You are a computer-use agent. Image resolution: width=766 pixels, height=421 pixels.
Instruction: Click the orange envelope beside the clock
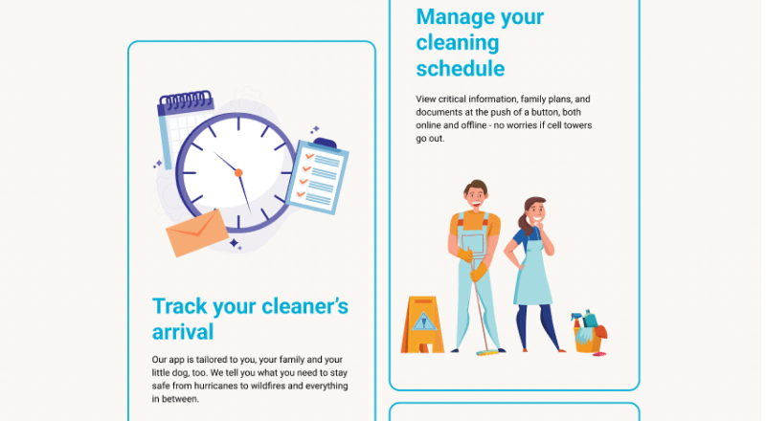click(196, 233)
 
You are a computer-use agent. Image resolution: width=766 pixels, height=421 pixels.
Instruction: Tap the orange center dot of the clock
click(238, 172)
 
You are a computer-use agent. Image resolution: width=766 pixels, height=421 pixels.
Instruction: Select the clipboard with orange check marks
click(317, 176)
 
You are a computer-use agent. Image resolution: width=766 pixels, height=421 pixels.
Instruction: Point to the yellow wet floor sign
click(422, 324)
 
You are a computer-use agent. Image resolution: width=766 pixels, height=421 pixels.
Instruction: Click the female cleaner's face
click(537, 212)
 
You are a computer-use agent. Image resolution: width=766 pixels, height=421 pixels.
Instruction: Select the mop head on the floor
click(487, 352)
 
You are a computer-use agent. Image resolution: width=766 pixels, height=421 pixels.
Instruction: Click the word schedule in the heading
click(461, 68)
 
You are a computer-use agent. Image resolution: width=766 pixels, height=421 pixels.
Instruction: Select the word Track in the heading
click(180, 307)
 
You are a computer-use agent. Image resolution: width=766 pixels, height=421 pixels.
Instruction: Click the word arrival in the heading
click(183, 332)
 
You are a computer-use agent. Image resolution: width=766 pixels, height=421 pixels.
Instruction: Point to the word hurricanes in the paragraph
click(215, 386)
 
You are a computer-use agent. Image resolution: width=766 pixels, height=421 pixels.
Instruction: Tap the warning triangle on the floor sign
click(423, 321)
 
